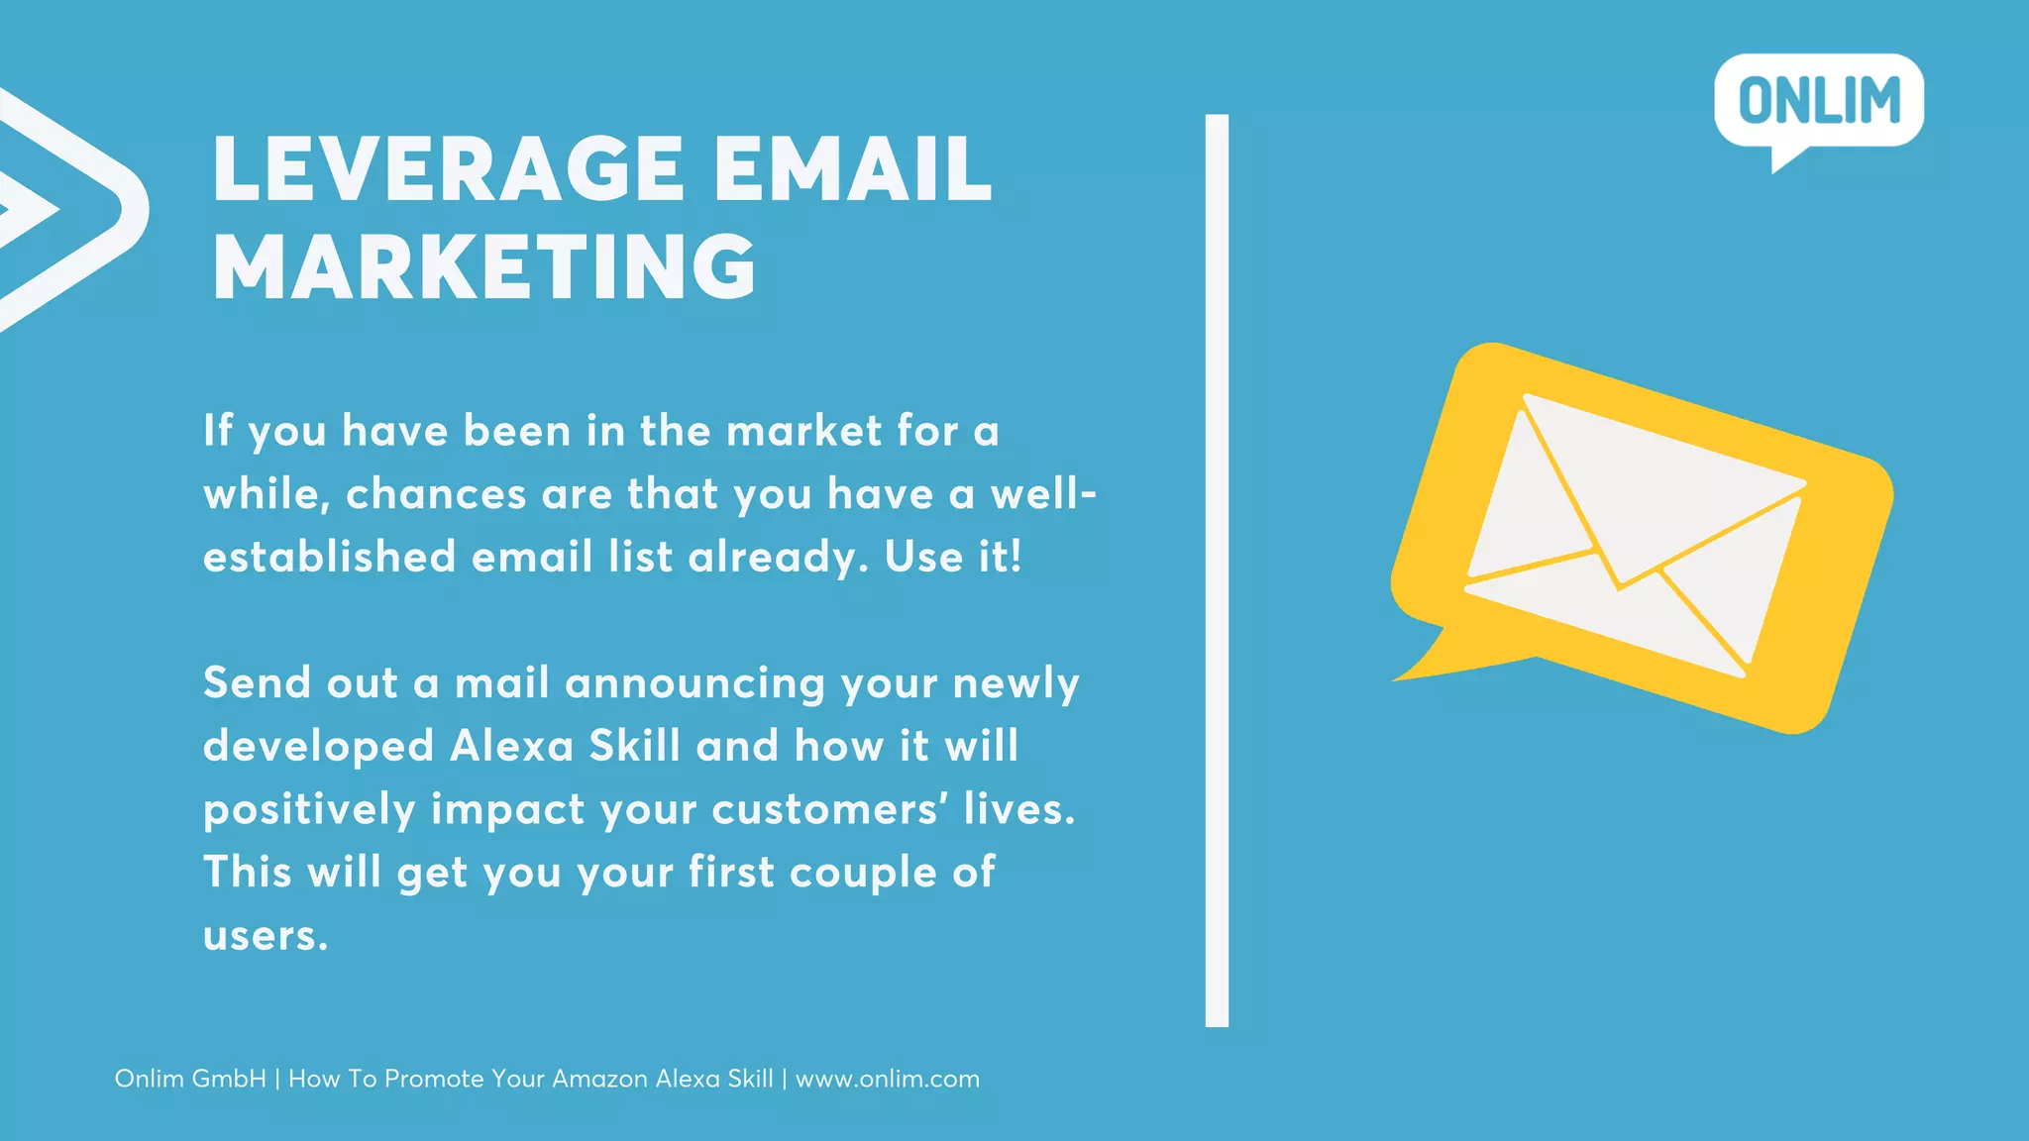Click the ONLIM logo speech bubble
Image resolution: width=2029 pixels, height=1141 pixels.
tap(1819, 101)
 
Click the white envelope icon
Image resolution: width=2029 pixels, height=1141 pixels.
tap(1635, 535)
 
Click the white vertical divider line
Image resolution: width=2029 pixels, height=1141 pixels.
tap(1217, 570)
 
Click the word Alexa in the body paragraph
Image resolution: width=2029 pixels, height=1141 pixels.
tap(511, 746)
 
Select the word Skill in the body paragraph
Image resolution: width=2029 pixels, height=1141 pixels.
tap(634, 746)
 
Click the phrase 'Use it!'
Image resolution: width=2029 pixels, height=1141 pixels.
tap(952, 557)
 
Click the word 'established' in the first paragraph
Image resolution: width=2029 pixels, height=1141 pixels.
tap(329, 557)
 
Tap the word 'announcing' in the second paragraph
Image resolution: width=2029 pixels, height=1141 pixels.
tap(694, 683)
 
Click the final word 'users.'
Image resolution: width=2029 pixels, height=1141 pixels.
tap(266, 936)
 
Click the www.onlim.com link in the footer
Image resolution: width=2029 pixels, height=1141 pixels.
tap(888, 1079)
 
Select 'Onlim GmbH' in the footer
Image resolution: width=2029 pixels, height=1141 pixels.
tap(190, 1079)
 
